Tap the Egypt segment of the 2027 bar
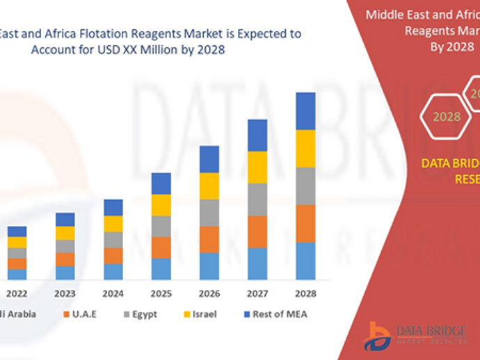pos(257,199)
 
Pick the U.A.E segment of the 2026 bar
pos(209,239)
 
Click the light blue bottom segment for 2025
pos(161,269)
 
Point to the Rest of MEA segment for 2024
pos(113,207)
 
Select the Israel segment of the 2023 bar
pos(65,233)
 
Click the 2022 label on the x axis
pos(17,293)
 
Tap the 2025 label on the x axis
pos(161,293)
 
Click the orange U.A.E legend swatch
pos(66,314)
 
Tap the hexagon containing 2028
pos(446,117)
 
